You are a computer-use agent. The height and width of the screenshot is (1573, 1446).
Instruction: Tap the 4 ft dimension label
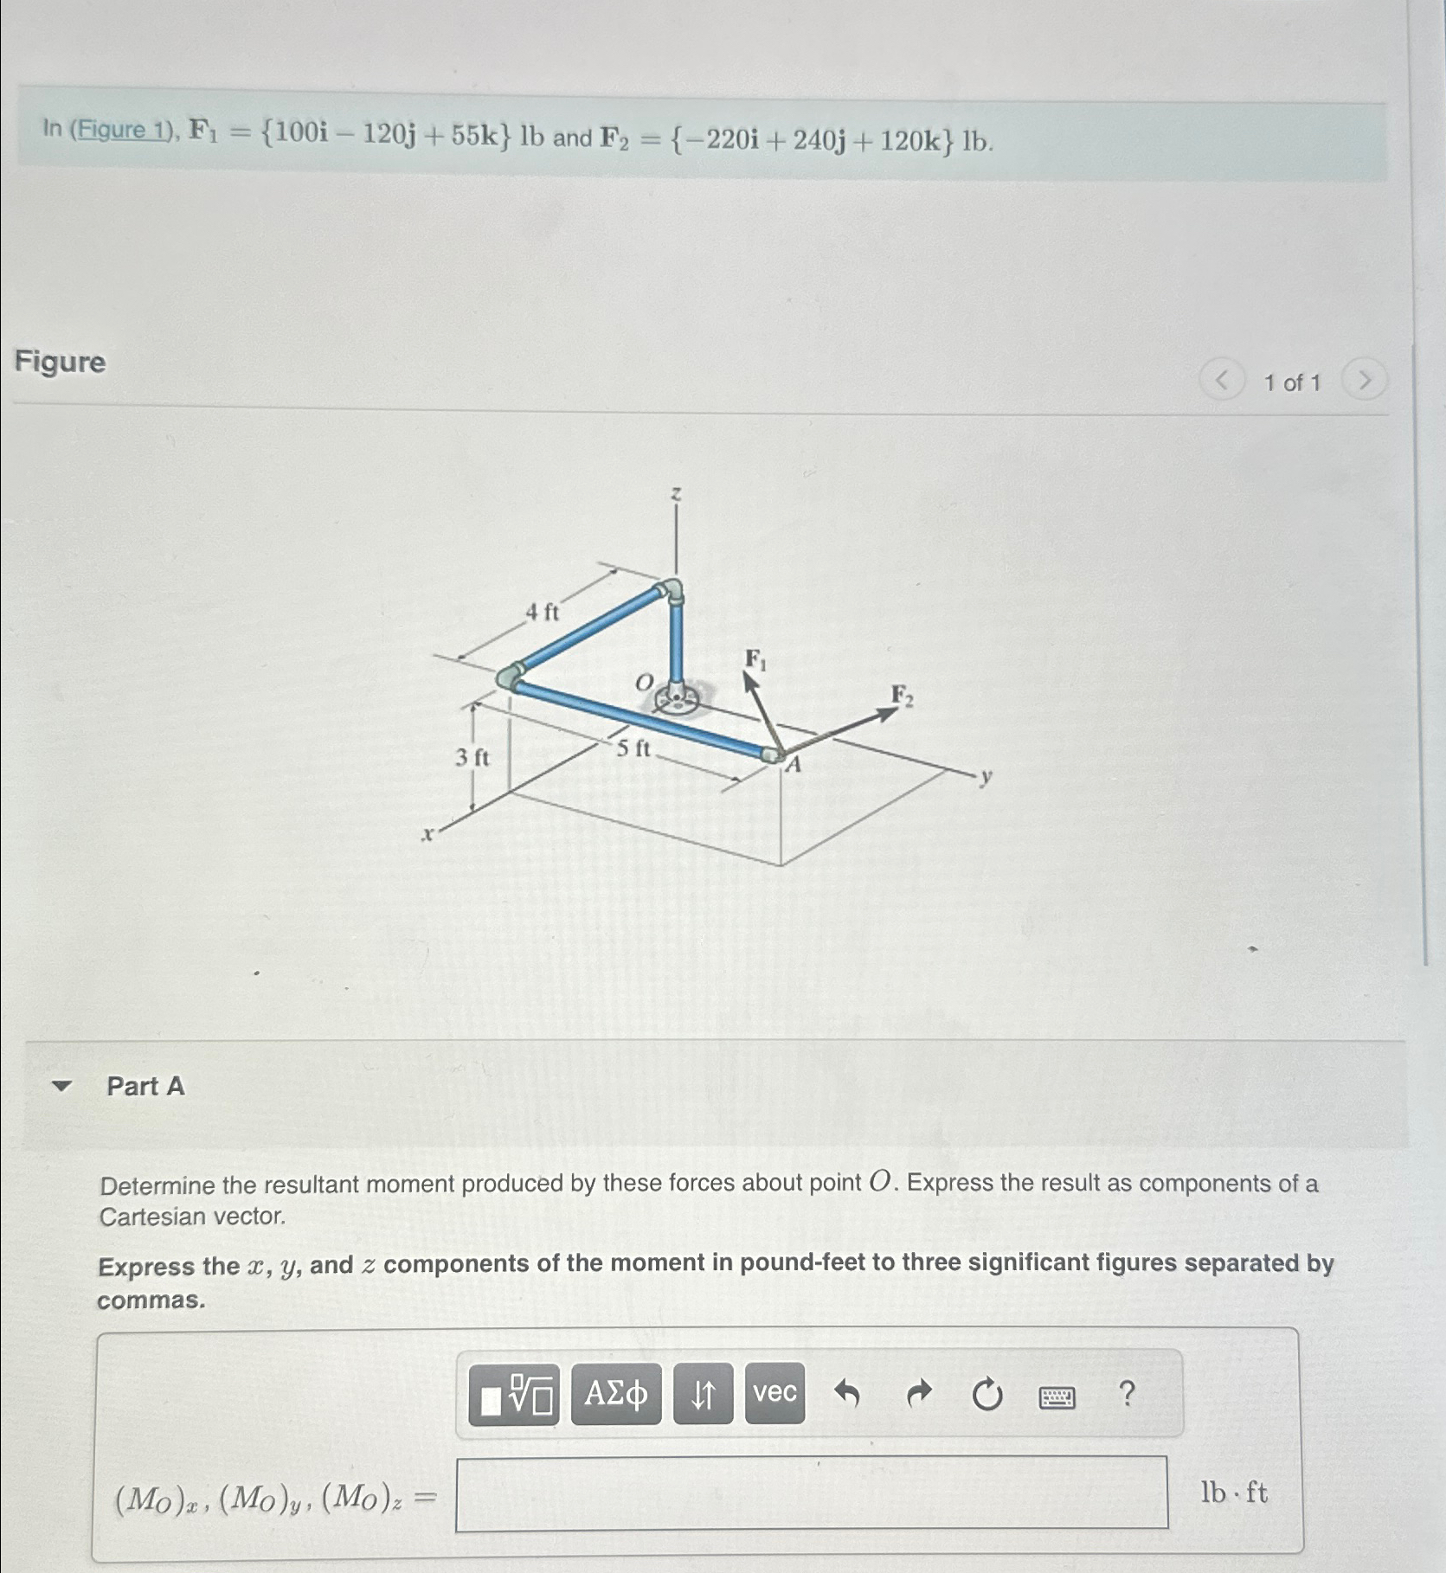(543, 613)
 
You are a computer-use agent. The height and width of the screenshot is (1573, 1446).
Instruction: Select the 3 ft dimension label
(472, 758)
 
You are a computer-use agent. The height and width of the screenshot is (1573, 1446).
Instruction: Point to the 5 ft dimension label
(633, 748)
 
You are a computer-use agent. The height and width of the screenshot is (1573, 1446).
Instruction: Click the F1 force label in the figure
(755, 660)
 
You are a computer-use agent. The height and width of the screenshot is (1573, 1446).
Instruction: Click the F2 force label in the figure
(902, 696)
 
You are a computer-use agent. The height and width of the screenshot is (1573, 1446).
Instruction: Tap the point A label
(794, 764)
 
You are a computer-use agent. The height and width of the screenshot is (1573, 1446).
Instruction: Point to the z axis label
(676, 493)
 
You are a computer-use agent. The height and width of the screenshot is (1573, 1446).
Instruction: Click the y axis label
(985, 776)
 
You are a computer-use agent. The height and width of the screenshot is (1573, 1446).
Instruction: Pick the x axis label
(427, 835)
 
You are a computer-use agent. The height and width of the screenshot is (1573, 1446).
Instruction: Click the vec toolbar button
(774, 1393)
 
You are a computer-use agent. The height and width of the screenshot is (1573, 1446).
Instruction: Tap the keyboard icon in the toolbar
(1057, 1396)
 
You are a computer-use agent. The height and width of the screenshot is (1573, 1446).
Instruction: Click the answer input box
(811, 1493)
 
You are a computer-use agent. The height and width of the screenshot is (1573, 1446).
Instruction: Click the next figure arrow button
(1364, 381)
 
